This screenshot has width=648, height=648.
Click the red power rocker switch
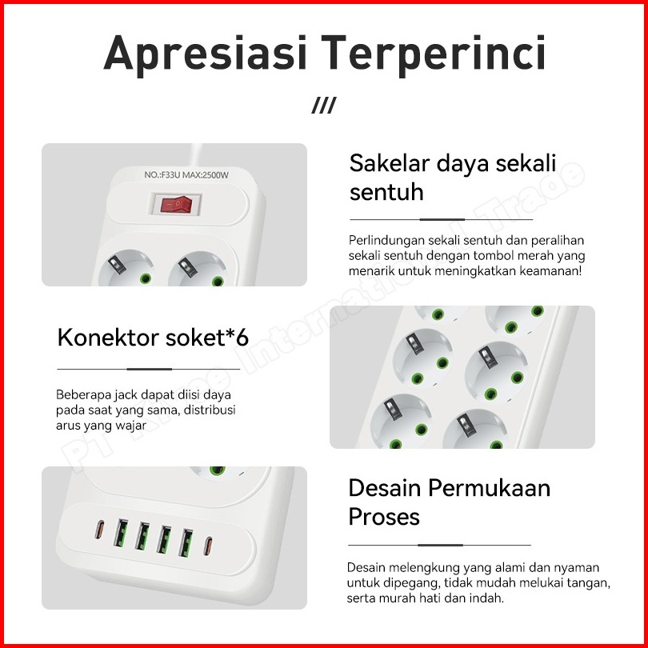point(176,204)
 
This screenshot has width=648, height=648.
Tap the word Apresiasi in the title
point(205,54)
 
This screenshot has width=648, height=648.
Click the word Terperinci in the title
point(433,53)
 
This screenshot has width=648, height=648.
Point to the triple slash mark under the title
point(324,106)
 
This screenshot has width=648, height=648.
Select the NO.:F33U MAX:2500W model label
point(186,175)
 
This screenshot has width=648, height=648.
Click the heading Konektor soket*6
point(153,338)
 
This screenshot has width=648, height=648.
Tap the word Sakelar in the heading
point(390,163)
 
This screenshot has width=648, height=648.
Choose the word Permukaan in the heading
point(490,488)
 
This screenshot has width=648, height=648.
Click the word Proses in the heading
point(384,517)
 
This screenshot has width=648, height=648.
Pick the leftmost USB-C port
point(99,530)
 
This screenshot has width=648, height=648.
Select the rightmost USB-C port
point(208,546)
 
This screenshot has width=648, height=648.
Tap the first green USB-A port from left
point(121,533)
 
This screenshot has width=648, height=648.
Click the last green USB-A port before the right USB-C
point(186,542)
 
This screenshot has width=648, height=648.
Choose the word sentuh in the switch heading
point(386,192)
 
